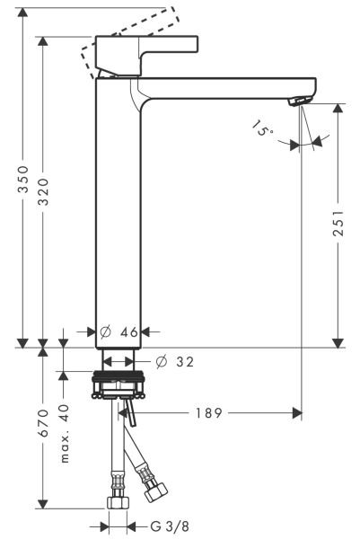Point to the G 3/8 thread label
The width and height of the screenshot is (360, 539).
[158, 526]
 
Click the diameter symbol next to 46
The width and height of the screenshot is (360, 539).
[104, 332]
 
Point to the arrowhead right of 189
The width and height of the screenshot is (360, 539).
[294, 413]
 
